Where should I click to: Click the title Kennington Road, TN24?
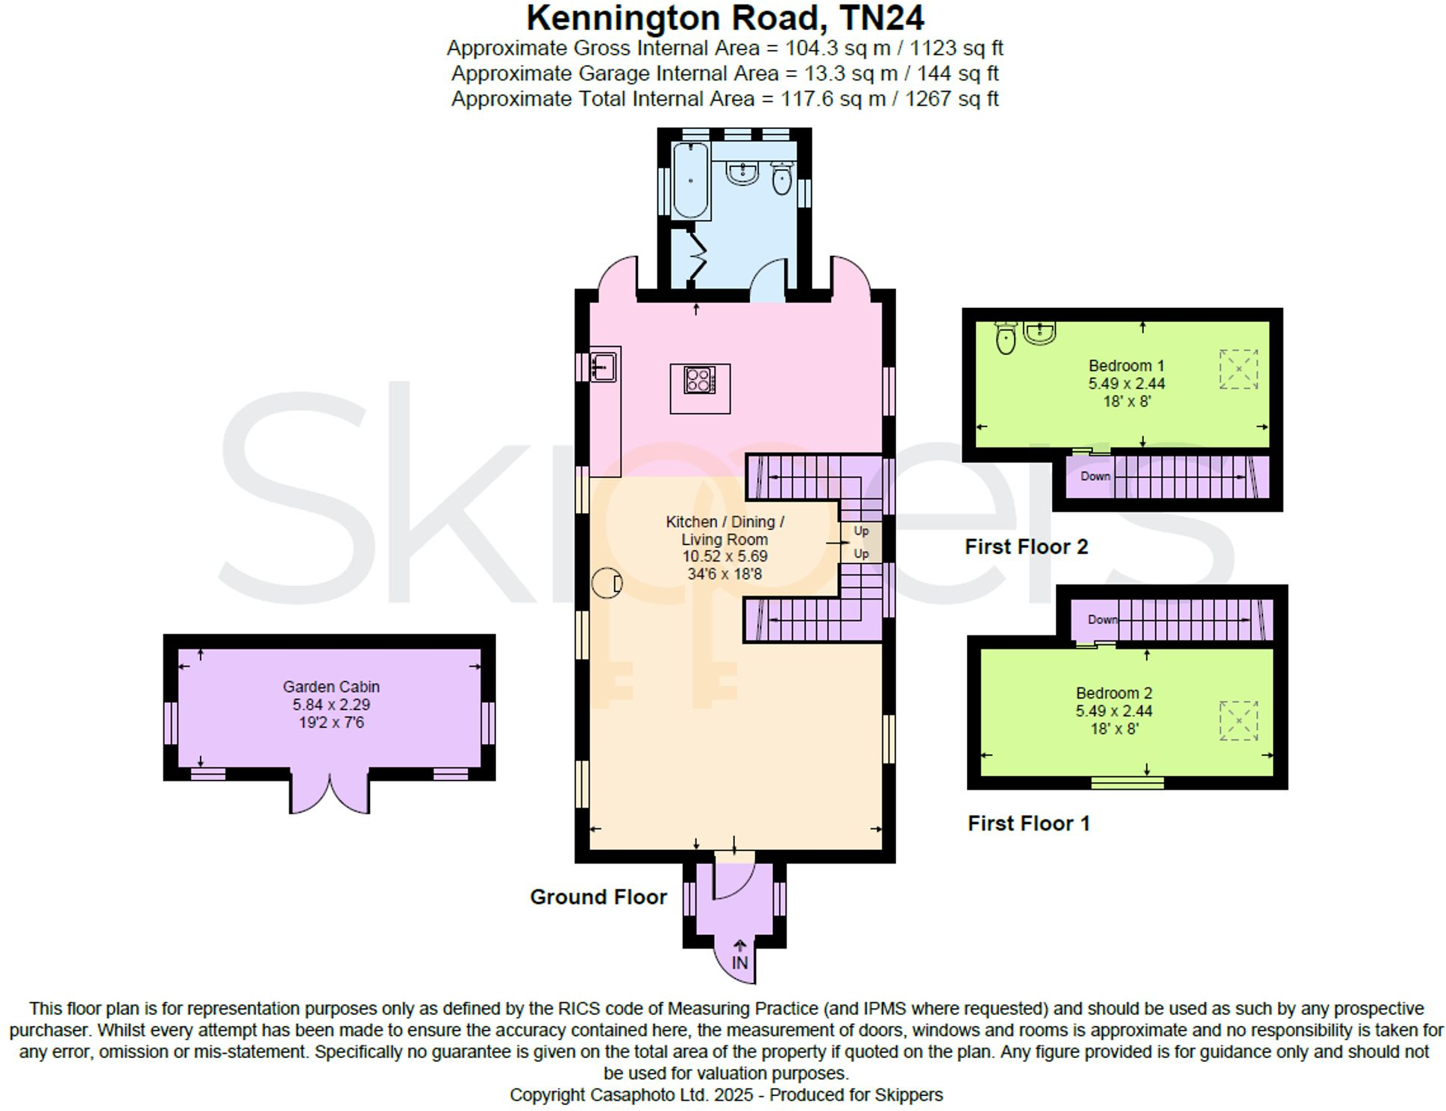724,18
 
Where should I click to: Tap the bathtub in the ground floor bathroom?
690,180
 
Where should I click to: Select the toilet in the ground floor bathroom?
781,179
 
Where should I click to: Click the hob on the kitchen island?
699,380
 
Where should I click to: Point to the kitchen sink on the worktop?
603,366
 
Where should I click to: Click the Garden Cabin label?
331,687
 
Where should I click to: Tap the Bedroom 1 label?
1126,366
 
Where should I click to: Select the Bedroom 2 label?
1113,693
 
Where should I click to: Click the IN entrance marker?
739,963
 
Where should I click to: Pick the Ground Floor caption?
598,897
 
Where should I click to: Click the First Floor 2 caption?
1026,547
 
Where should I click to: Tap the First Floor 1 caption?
1028,824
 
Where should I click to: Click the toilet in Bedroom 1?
1006,339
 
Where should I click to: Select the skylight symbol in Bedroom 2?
1238,720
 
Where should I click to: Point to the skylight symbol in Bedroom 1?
1238,369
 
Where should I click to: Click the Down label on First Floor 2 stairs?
1095,476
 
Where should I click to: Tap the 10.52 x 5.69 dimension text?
724,556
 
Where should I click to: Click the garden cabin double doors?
329,793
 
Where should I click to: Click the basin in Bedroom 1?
1039,333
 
